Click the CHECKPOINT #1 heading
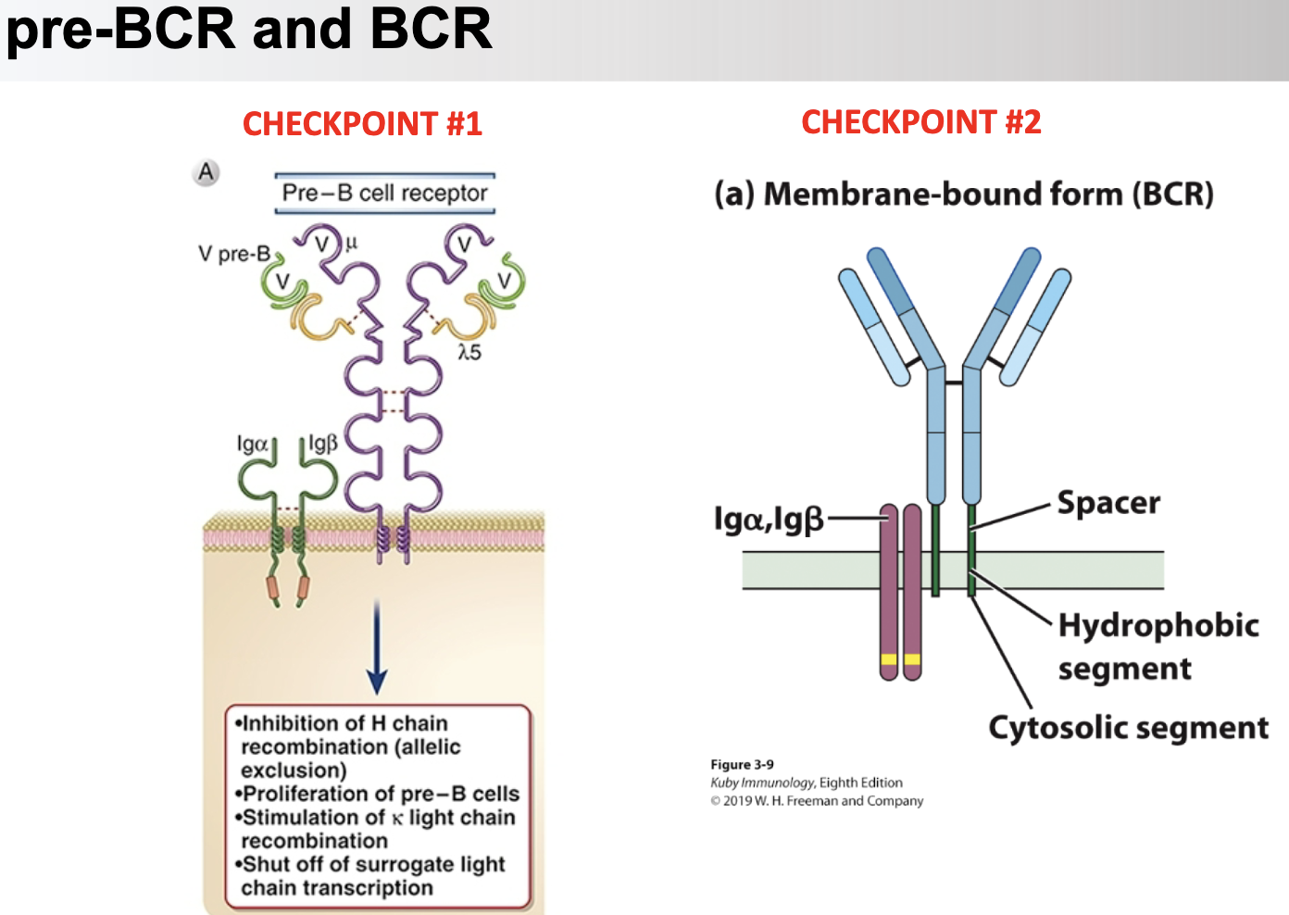click(x=362, y=123)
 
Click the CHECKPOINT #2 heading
click(x=920, y=121)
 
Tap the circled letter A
click(x=206, y=172)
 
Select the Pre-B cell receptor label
click(x=384, y=193)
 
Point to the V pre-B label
click(x=233, y=253)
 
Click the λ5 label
click(x=469, y=352)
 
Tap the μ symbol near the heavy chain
click(x=351, y=243)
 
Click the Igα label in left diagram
click(x=252, y=444)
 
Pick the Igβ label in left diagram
click(x=322, y=443)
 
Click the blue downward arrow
click(x=377, y=648)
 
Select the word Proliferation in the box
click(x=307, y=794)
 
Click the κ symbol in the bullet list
click(x=396, y=819)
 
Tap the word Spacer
click(x=1108, y=503)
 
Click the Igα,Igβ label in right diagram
click(x=768, y=519)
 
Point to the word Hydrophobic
click(x=1158, y=625)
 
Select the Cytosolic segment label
click(x=1128, y=728)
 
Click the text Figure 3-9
click(x=742, y=764)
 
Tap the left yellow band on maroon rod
click(x=889, y=660)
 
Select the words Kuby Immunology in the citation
click(x=762, y=783)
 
